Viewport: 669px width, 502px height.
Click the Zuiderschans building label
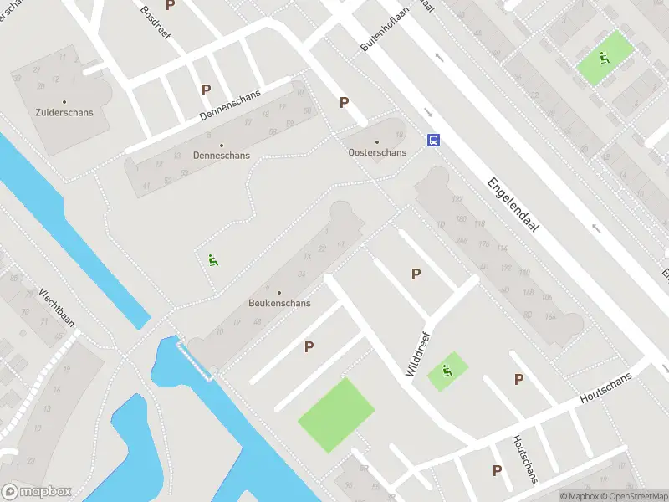(64, 111)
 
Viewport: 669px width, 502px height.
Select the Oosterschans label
(377, 152)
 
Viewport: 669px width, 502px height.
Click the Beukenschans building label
(279, 303)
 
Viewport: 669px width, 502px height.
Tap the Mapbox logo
(36, 492)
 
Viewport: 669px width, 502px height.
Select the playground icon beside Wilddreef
(447, 371)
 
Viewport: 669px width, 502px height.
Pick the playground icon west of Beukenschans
(213, 260)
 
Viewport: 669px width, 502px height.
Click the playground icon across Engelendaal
(603, 58)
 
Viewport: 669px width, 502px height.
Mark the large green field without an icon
(336, 415)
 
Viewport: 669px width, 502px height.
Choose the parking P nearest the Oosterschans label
(344, 103)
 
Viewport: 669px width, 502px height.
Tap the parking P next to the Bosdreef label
(171, 5)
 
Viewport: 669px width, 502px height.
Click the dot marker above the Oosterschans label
(377, 141)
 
